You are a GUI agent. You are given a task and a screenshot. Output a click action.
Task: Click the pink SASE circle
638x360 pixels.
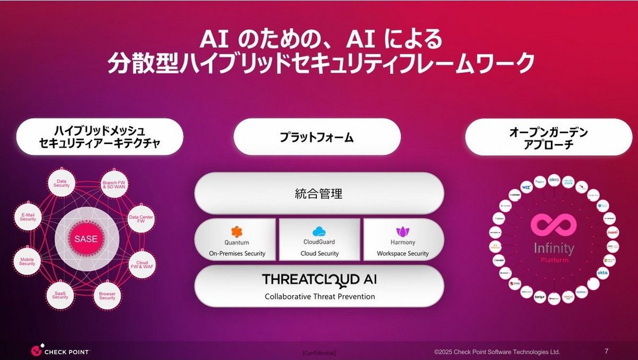[x=86, y=239]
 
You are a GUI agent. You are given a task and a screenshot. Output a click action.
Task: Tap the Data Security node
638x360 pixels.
[x=61, y=183]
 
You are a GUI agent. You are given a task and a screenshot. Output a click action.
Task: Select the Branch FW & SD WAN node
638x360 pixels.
[x=114, y=184]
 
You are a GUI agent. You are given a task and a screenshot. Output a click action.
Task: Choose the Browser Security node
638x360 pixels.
[x=107, y=296]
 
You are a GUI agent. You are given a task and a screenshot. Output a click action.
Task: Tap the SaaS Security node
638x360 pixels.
[x=60, y=295]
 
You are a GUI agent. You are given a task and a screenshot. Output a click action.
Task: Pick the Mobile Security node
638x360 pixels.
[x=27, y=262]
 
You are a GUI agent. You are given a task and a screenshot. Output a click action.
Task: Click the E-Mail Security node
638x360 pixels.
[x=28, y=216]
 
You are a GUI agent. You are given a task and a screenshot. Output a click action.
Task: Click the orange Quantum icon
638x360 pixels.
[x=237, y=231]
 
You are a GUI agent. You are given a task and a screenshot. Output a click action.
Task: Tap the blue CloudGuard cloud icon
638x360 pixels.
[x=320, y=231]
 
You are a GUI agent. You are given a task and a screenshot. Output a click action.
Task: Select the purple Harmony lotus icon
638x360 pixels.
[x=402, y=231]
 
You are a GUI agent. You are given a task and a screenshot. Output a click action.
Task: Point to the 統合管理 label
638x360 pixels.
[x=319, y=194]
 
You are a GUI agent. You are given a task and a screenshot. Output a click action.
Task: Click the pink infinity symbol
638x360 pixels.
[x=553, y=225]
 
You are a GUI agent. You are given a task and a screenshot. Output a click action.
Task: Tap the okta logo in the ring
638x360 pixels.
[x=602, y=272]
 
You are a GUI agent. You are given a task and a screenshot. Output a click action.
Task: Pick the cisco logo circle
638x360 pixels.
[x=568, y=181]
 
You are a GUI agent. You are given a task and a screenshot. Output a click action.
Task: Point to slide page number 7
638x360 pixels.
[x=607, y=350]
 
